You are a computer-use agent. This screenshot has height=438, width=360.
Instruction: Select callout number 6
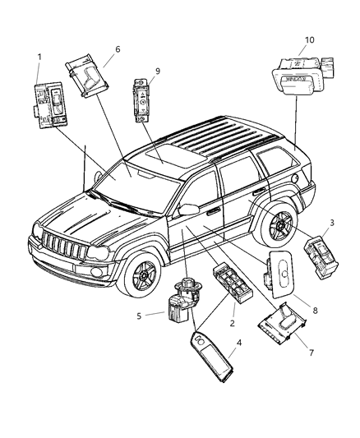[117, 50]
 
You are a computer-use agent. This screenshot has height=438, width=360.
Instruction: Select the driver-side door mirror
[187, 210]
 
